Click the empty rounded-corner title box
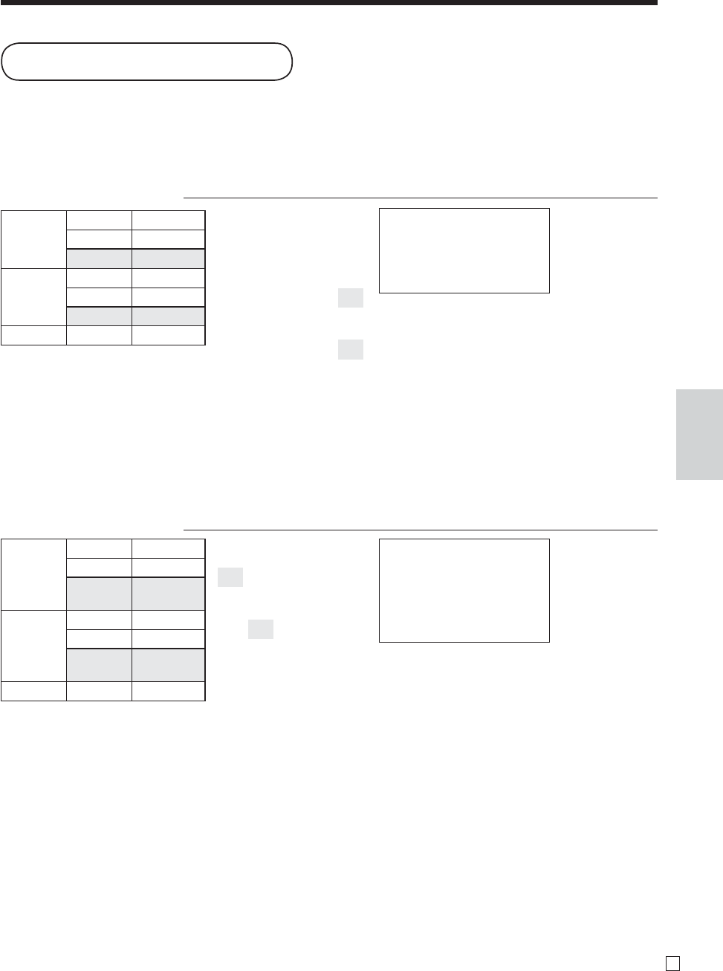click(x=146, y=61)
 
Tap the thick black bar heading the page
click(x=328, y=2)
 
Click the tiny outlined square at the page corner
click(x=672, y=961)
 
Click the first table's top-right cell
click(x=168, y=220)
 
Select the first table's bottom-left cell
click(x=33, y=335)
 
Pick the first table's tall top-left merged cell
click(x=33, y=239)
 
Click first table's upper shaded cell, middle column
click(x=99, y=259)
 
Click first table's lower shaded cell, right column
click(x=168, y=316)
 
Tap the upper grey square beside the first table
click(x=350, y=298)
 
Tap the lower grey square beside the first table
click(x=350, y=349)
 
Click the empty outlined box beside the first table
click(x=464, y=250)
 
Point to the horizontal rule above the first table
click(x=420, y=198)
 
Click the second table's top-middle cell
click(x=99, y=548)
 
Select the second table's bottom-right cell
click(x=168, y=691)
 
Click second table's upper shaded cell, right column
click(x=168, y=594)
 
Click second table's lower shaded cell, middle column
click(x=99, y=664)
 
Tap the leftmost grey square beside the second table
click(x=230, y=577)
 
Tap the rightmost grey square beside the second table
click(x=260, y=629)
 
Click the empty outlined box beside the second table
click(x=464, y=590)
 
